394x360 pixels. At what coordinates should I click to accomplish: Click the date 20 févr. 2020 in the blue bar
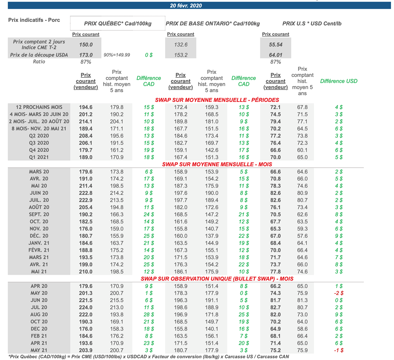pos(186,5)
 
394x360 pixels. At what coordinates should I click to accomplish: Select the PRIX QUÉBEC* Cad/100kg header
pos(118,23)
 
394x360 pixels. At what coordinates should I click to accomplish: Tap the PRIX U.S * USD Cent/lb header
pos(312,23)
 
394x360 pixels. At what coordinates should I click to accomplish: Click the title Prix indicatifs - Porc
pos(34,20)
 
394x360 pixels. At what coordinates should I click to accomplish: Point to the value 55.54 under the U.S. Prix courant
pos(275,45)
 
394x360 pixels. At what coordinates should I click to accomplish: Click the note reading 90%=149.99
pos(117,55)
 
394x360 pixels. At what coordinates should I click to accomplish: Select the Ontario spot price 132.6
pos(181,45)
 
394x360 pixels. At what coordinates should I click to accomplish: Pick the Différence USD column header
pos(339,81)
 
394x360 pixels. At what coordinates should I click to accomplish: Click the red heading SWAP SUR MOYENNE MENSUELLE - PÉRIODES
pos(217,100)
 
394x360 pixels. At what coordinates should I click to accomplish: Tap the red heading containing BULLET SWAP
pos(217,279)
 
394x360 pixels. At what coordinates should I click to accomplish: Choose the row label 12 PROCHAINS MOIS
pos(39,107)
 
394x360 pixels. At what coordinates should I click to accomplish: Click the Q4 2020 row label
pos(39,150)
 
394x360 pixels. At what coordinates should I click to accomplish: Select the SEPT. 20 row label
pos(39,215)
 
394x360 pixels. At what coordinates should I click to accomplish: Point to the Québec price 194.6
pos(86,107)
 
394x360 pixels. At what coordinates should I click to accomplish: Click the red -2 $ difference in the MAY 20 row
pos(339,293)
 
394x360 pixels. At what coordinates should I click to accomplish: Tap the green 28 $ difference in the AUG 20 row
pos(149,315)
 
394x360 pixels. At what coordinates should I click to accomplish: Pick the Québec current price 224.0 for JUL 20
pos(86,307)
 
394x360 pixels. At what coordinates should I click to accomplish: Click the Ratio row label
pos(39,62)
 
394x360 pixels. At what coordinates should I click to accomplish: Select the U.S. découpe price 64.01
pos(275,55)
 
